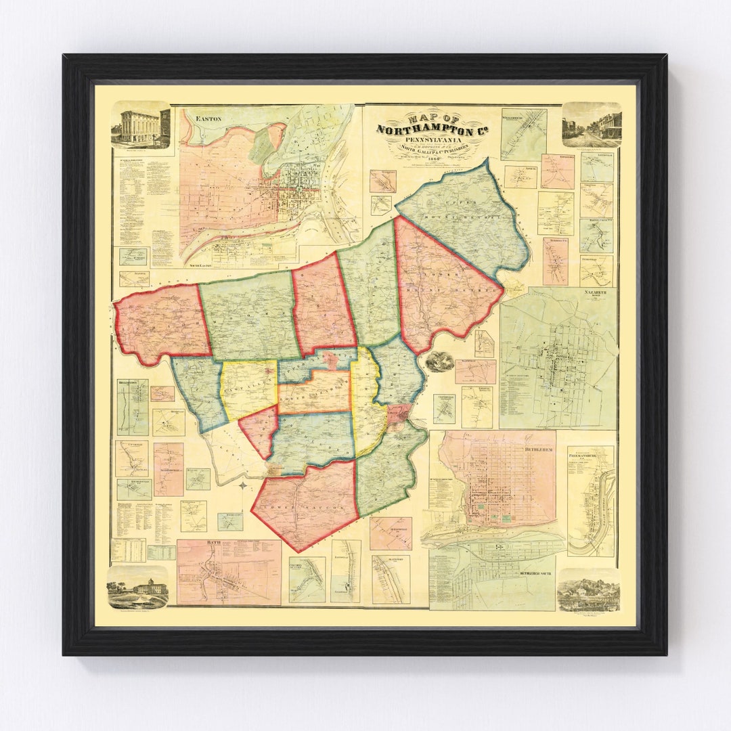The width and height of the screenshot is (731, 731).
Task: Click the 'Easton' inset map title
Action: pyautogui.click(x=208, y=118)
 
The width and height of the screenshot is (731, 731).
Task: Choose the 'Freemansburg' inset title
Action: pyautogui.click(x=590, y=455)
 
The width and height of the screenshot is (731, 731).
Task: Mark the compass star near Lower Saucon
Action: pyautogui.click(x=243, y=485)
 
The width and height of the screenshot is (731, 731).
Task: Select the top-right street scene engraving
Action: pyautogui.click(x=592, y=125)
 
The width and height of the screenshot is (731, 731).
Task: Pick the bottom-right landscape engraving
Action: pyautogui.click(x=588, y=590)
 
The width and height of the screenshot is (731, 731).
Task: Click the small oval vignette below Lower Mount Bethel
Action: pyautogui.click(x=439, y=361)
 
